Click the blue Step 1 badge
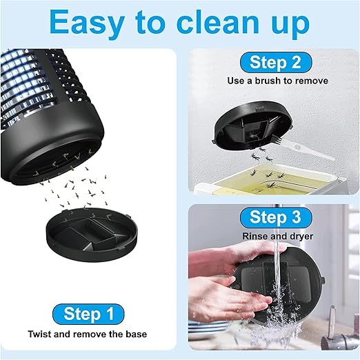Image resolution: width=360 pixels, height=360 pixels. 88,314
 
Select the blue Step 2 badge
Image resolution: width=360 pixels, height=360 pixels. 276,62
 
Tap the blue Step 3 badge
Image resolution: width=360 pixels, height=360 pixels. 276,217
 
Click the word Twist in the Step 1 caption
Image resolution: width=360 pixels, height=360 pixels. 39,334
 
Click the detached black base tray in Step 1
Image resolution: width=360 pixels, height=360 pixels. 92,234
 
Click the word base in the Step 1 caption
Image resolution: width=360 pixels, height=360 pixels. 137,334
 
